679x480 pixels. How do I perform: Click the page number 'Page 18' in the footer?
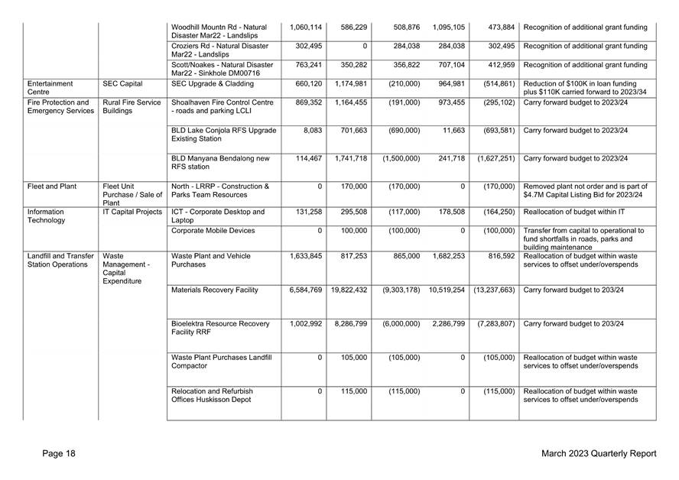[59, 454]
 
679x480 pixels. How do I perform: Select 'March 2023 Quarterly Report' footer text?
[598, 454]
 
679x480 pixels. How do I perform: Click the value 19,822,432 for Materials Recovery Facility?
[349, 290]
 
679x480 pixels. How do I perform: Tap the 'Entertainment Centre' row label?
[49, 88]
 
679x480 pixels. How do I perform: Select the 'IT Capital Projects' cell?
[132, 212]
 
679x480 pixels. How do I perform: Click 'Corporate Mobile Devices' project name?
[211, 230]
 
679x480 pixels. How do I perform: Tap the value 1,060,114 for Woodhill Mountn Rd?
[306, 28]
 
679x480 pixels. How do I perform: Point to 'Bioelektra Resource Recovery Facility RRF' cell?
[220, 329]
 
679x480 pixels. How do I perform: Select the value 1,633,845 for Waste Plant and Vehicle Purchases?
[306, 255]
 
